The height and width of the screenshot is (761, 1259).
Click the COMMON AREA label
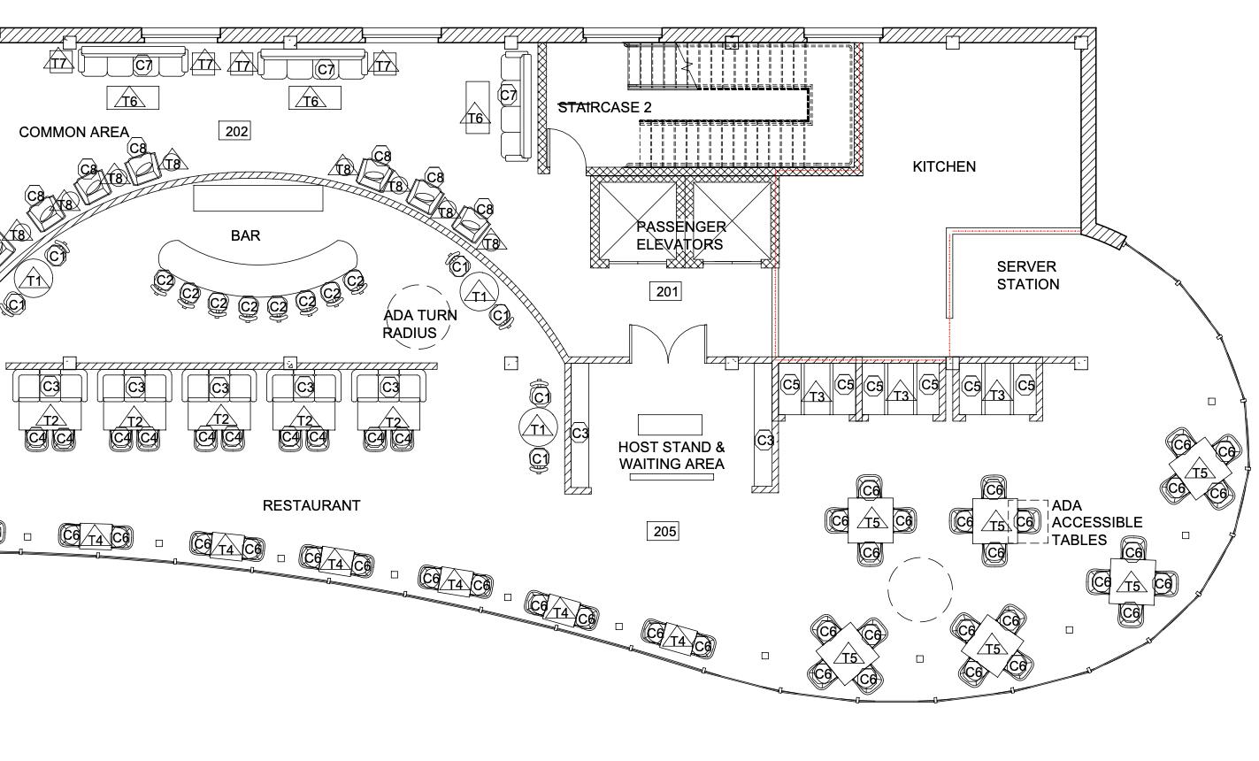(73, 132)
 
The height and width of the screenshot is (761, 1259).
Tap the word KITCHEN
(944, 166)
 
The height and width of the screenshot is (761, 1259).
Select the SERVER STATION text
(1027, 275)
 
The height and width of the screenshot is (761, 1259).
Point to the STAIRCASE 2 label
(605, 107)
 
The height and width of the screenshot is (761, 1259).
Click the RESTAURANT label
(311, 505)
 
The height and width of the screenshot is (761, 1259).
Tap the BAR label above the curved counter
(245, 235)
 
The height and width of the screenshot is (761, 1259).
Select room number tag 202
(236, 131)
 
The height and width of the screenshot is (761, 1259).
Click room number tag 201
(666, 291)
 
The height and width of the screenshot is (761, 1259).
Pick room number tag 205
(664, 531)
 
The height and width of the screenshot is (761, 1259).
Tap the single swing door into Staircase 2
(566, 150)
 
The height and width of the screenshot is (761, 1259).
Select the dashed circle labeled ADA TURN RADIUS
(418, 316)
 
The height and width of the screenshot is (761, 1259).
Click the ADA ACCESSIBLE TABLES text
(1096, 522)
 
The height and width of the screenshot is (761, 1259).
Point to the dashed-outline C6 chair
(1025, 522)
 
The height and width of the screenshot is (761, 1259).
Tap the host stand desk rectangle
(670, 424)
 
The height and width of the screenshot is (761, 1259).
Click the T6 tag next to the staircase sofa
(476, 118)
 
